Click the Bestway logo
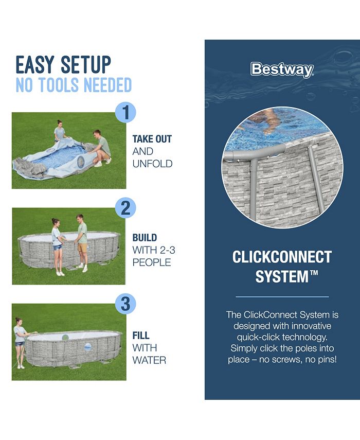click(x=282, y=69)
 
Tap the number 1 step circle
click(x=125, y=112)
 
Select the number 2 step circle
click(x=125, y=208)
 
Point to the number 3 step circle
click(x=125, y=304)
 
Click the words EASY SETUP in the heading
click(x=63, y=65)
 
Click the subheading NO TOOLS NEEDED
click(x=74, y=85)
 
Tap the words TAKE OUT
click(x=152, y=139)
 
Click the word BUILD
click(x=145, y=238)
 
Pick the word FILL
click(x=141, y=336)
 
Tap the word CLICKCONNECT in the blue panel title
click(x=282, y=257)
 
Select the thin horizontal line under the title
click(x=282, y=297)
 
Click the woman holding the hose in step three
click(x=20, y=342)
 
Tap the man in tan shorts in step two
click(x=81, y=242)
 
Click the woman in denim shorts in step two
click(x=57, y=246)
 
